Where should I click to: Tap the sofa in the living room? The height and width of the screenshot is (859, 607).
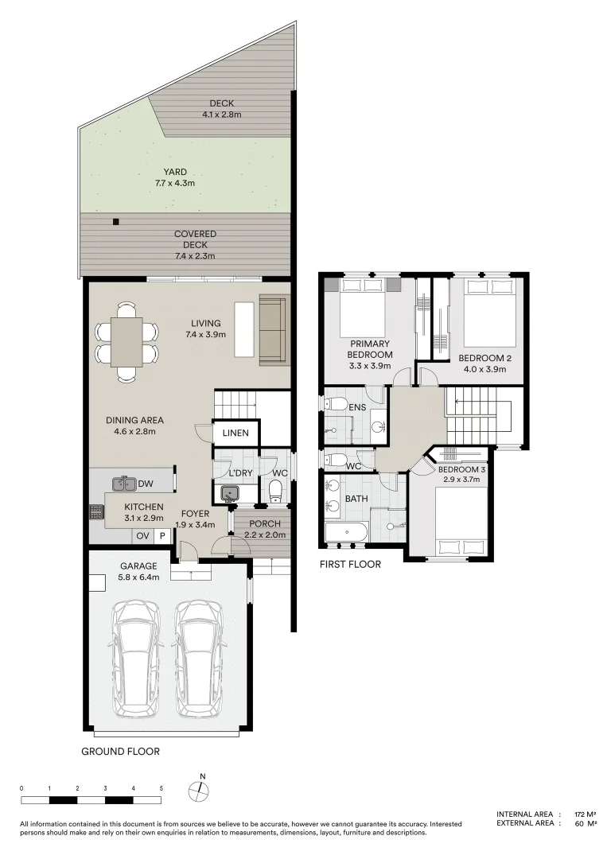(274, 331)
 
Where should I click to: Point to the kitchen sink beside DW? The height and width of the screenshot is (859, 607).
(124, 483)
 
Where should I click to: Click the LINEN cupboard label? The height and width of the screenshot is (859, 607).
(235, 433)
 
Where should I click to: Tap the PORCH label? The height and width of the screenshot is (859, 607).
(263, 523)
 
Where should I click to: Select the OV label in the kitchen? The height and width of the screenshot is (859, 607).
(142, 537)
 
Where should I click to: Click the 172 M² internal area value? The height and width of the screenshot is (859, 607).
(586, 814)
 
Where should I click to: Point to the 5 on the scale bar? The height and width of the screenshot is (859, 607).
(161, 788)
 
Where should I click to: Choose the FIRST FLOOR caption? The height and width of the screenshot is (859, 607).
(350, 565)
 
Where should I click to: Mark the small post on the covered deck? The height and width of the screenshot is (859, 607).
(116, 223)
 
